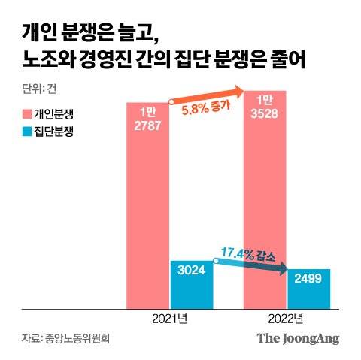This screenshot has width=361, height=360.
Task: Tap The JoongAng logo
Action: pyautogui.click(x=299, y=338)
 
